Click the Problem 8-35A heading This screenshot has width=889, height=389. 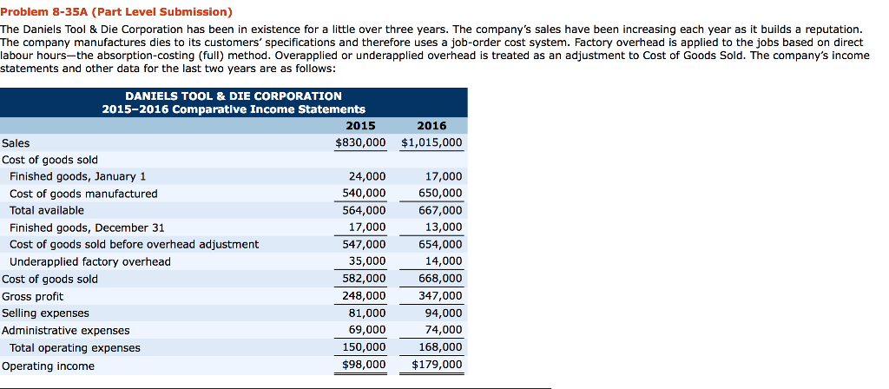116,11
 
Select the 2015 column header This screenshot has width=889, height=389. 360,126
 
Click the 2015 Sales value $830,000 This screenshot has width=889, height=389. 360,142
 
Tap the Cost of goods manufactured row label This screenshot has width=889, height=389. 83,194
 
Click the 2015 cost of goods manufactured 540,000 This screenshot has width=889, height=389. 365,194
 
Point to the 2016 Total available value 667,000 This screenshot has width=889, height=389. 440,210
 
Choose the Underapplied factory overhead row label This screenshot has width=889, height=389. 89,261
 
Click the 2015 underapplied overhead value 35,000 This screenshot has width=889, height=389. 367,261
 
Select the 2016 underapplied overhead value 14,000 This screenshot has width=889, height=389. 444,261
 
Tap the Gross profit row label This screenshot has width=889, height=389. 33,296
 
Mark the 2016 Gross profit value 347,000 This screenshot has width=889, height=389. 440,296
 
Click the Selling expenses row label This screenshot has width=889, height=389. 45,313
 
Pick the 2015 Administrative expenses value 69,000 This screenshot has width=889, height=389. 367,330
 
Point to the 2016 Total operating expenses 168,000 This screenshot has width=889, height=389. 440,347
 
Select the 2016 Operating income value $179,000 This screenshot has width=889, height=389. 437,365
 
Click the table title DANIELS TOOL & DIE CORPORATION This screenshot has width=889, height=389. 234,96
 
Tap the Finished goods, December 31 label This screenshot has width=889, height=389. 87,227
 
